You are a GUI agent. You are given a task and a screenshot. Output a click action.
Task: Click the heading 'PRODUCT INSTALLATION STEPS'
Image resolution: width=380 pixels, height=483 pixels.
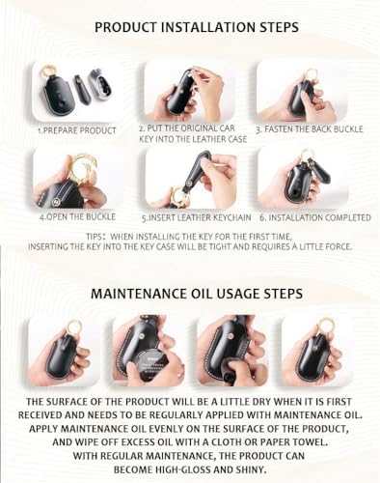[197, 27]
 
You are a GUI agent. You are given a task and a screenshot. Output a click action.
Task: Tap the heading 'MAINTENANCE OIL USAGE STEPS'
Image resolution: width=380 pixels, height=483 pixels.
[197, 294]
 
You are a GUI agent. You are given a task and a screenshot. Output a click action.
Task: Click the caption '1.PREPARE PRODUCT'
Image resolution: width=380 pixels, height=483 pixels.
[77, 130]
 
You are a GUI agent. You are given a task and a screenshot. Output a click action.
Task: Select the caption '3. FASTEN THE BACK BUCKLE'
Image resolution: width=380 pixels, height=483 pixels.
[310, 129]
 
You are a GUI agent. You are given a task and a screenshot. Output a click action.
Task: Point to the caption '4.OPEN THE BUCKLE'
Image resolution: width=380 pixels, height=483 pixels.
[77, 216]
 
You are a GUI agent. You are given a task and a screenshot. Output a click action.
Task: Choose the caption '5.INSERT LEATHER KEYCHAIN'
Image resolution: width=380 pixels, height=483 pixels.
[197, 218]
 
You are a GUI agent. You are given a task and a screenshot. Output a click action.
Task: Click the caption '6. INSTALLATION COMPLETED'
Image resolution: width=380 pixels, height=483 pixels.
[315, 218]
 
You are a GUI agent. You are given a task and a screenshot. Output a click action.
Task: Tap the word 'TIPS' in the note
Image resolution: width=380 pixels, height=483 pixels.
[95, 237]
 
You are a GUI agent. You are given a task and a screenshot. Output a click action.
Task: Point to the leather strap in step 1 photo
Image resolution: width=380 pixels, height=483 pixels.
[80, 89]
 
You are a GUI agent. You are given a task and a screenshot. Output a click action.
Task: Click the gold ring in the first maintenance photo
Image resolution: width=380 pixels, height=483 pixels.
[73, 327]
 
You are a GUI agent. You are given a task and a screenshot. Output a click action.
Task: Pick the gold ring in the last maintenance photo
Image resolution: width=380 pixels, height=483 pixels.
[324, 326]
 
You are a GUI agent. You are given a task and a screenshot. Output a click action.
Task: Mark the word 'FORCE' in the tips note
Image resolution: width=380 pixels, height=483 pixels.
[339, 247]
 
